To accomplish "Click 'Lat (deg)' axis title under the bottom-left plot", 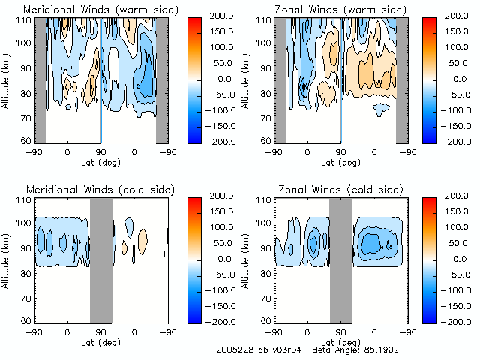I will coord(101,340).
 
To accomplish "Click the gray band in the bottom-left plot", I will coord(100,259).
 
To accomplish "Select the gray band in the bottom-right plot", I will coord(340,259).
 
